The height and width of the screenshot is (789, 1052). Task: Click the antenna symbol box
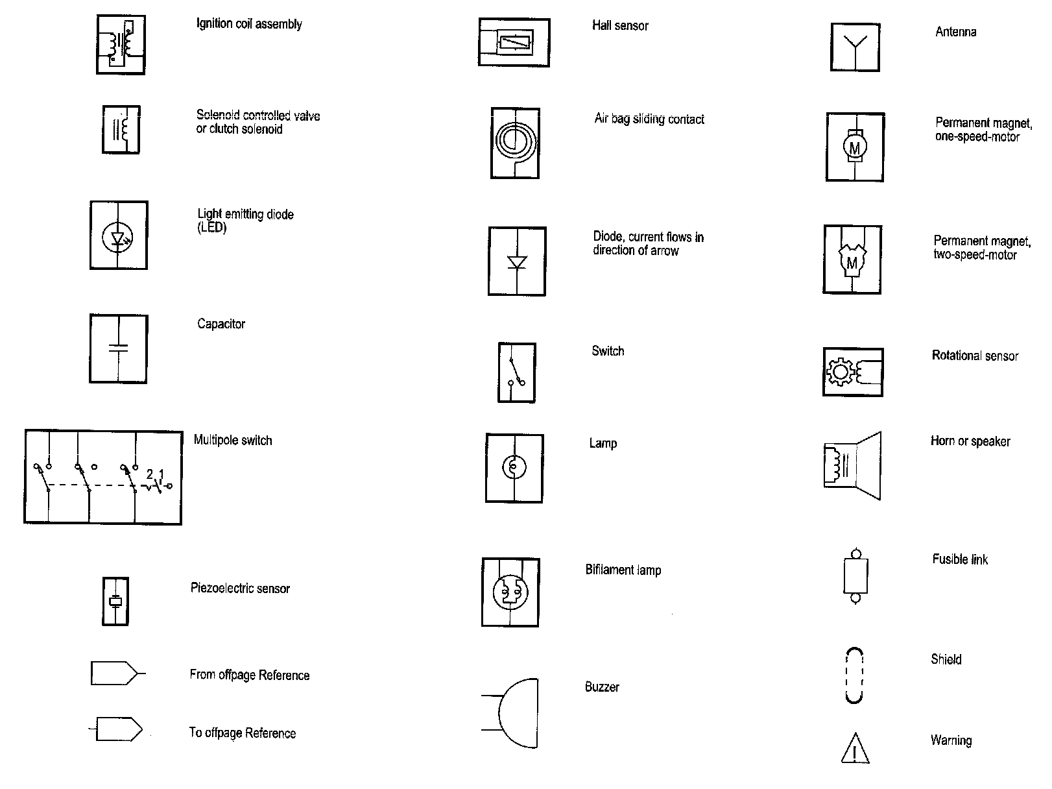pyautogui.click(x=855, y=47)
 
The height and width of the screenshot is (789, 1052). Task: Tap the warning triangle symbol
pyautogui.click(x=855, y=748)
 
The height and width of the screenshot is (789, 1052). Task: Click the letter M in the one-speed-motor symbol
pyautogui.click(x=855, y=148)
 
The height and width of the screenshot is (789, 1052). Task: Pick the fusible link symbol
pyautogui.click(x=855, y=575)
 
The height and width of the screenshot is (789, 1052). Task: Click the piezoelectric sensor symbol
pyautogui.click(x=115, y=601)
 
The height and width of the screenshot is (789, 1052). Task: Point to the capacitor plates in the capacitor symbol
pyautogui.click(x=118, y=348)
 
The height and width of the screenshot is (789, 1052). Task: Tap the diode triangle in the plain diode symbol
pyautogui.click(x=517, y=262)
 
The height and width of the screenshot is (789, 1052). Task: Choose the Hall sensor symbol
pyautogui.click(x=514, y=43)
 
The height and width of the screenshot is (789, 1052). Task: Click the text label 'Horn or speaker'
pyautogui.click(x=970, y=441)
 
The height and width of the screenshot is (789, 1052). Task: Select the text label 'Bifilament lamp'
pyautogui.click(x=623, y=570)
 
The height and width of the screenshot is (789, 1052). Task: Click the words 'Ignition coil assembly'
pyautogui.click(x=249, y=24)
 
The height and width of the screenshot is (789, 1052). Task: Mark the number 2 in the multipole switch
pyautogui.click(x=150, y=474)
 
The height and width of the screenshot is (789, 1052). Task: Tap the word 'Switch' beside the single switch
pyautogui.click(x=608, y=351)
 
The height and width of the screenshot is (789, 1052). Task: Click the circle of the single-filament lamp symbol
pyautogui.click(x=514, y=467)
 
